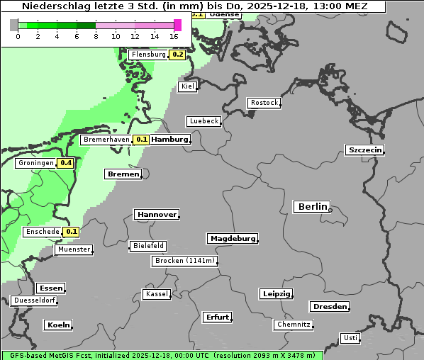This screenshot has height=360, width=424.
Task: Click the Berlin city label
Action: coord(311,207)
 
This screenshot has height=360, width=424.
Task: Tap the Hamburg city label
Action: coord(169,140)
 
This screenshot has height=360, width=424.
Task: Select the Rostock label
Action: coord(264,103)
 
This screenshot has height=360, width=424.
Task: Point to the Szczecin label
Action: coord(364,150)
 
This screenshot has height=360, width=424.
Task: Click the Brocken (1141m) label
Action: coord(183,261)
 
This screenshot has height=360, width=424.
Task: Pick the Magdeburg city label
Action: coord(232,238)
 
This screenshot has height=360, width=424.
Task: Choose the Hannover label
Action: coord(156,214)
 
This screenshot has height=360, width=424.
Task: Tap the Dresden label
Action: coord(329,306)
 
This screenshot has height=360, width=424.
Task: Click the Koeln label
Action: coord(58,325)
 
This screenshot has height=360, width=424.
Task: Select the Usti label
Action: coord(350,337)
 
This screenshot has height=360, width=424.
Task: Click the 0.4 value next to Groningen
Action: coord(66,163)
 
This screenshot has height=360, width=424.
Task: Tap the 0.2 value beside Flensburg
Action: coord(177,55)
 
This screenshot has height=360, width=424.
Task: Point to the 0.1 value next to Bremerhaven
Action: coord(141,140)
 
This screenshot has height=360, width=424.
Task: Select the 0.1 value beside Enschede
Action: coord(71,232)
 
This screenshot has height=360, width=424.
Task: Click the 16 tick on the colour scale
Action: coord(174,36)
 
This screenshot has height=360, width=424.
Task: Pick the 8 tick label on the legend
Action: coord(96,36)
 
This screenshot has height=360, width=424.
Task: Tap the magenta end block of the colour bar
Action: coord(177,25)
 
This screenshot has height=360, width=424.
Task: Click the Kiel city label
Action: coord(188,86)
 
